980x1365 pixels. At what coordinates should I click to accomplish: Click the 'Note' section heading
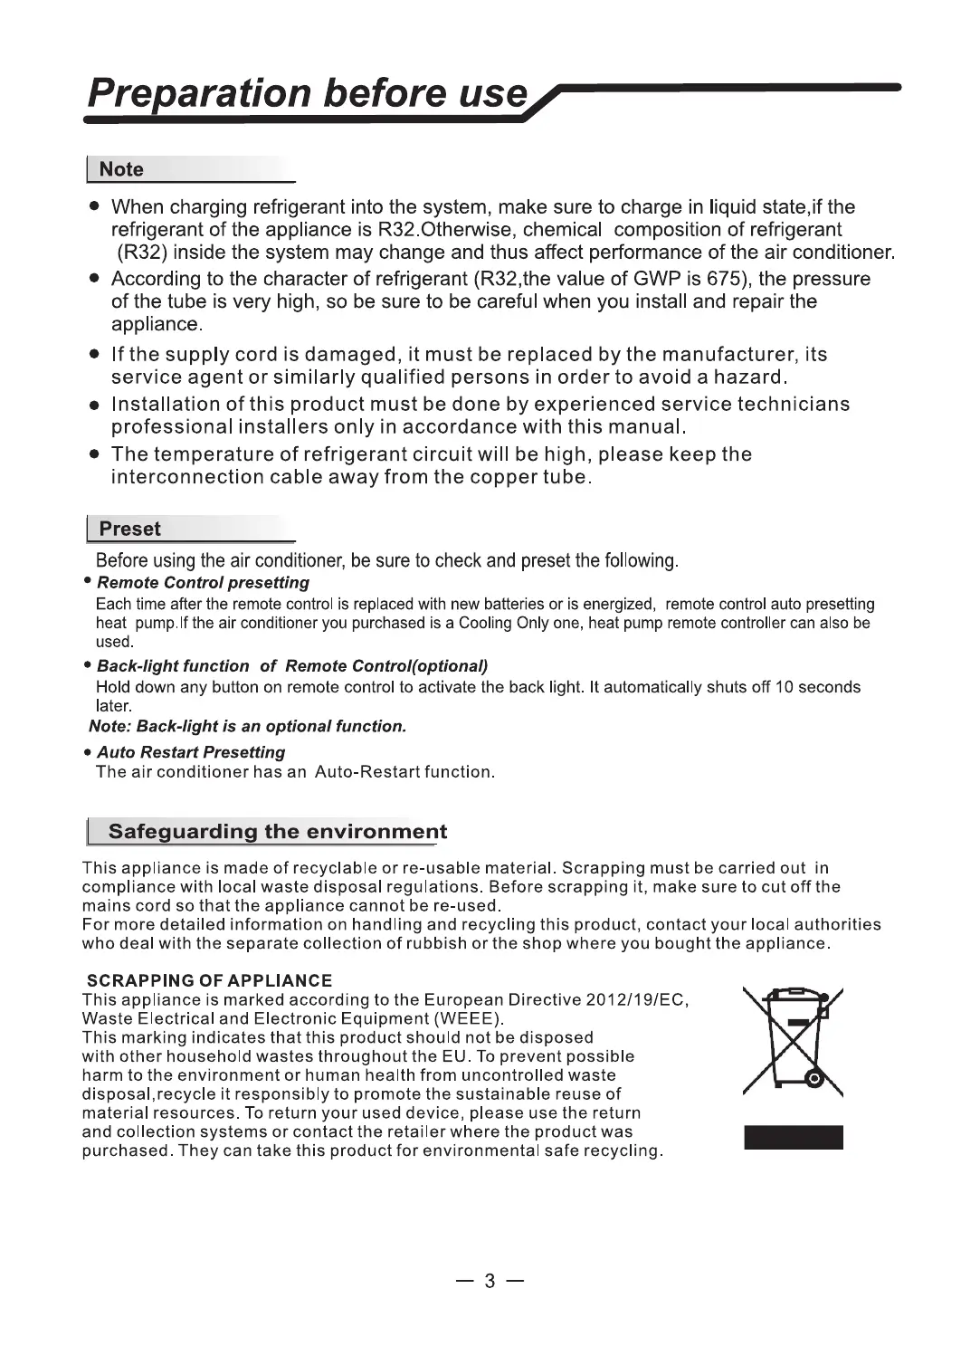121,169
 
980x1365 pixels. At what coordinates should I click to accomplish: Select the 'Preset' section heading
129,529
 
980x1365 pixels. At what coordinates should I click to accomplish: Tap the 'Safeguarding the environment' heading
277,831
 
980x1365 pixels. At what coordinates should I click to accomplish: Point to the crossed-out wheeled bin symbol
793,1041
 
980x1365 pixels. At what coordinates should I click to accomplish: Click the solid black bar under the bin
793,1137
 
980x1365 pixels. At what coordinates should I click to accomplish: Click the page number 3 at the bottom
490,1281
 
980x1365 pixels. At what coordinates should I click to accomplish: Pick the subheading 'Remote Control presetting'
203,583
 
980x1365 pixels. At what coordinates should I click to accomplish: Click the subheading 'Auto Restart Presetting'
191,752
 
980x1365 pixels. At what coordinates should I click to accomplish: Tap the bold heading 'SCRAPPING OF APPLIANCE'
209,980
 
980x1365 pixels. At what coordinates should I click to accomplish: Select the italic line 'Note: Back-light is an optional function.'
248,726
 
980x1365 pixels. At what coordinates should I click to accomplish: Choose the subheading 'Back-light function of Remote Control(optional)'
292,666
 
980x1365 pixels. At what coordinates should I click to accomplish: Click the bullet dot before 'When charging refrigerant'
93,207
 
